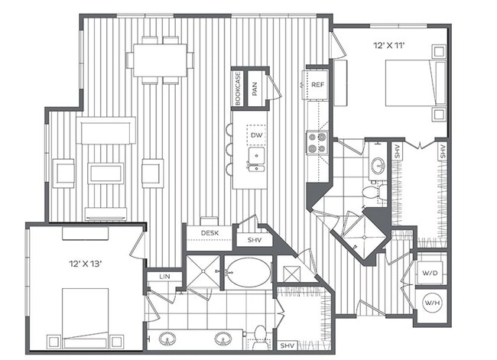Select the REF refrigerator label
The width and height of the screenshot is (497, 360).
(317, 86)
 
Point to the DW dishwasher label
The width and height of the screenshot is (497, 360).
(256, 135)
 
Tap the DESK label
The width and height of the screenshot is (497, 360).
(210, 233)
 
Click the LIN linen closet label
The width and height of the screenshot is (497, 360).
(164, 276)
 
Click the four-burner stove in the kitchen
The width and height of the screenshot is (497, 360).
(317, 143)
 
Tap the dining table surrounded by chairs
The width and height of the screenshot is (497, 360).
(160, 60)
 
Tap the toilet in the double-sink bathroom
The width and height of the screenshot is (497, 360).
(259, 334)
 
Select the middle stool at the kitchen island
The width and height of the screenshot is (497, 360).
(229, 149)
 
